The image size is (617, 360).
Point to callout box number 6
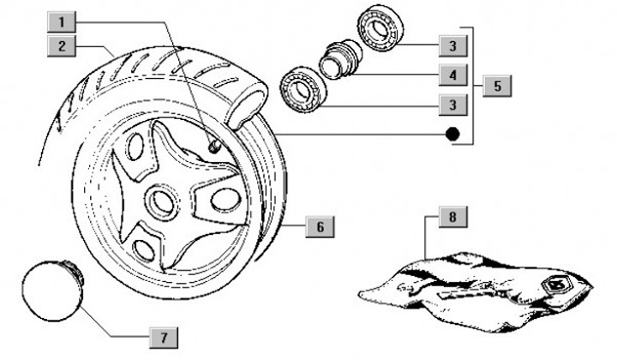318,227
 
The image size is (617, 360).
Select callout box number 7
160,333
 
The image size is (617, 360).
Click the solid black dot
453,135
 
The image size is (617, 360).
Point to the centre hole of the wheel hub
159,202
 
